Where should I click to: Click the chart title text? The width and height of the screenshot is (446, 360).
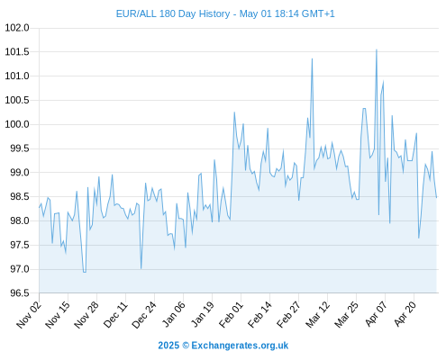(x=225, y=13)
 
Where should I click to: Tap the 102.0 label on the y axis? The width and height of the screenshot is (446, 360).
(x=17, y=28)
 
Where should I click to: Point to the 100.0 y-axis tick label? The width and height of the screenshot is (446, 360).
(x=17, y=124)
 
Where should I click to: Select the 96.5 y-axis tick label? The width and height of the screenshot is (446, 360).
(x=20, y=293)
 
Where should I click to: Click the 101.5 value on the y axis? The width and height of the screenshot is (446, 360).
(x=17, y=52)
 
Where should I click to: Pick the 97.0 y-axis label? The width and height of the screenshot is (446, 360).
(x=20, y=269)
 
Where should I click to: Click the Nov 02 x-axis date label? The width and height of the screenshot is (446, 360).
(x=29, y=315)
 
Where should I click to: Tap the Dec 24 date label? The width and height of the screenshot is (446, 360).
(x=144, y=315)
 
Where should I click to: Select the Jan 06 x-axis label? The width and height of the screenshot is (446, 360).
(x=174, y=315)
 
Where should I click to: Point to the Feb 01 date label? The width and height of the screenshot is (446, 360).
(x=232, y=315)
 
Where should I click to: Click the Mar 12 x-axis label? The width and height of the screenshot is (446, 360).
(x=318, y=315)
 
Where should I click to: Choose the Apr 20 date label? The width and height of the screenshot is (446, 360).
(x=405, y=314)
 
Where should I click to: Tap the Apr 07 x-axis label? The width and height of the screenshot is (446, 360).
(x=376, y=314)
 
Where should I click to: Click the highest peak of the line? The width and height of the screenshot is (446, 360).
(x=377, y=49)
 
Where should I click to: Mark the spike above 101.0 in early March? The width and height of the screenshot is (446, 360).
(x=312, y=58)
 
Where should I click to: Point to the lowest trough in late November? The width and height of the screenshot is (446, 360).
(x=85, y=272)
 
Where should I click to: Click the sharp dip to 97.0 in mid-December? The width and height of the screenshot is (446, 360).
(x=141, y=268)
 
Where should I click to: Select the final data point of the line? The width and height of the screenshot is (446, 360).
(x=436, y=197)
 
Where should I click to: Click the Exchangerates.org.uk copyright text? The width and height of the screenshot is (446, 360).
(x=223, y=346)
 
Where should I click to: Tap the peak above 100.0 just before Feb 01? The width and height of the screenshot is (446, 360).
(x=234, y=112)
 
